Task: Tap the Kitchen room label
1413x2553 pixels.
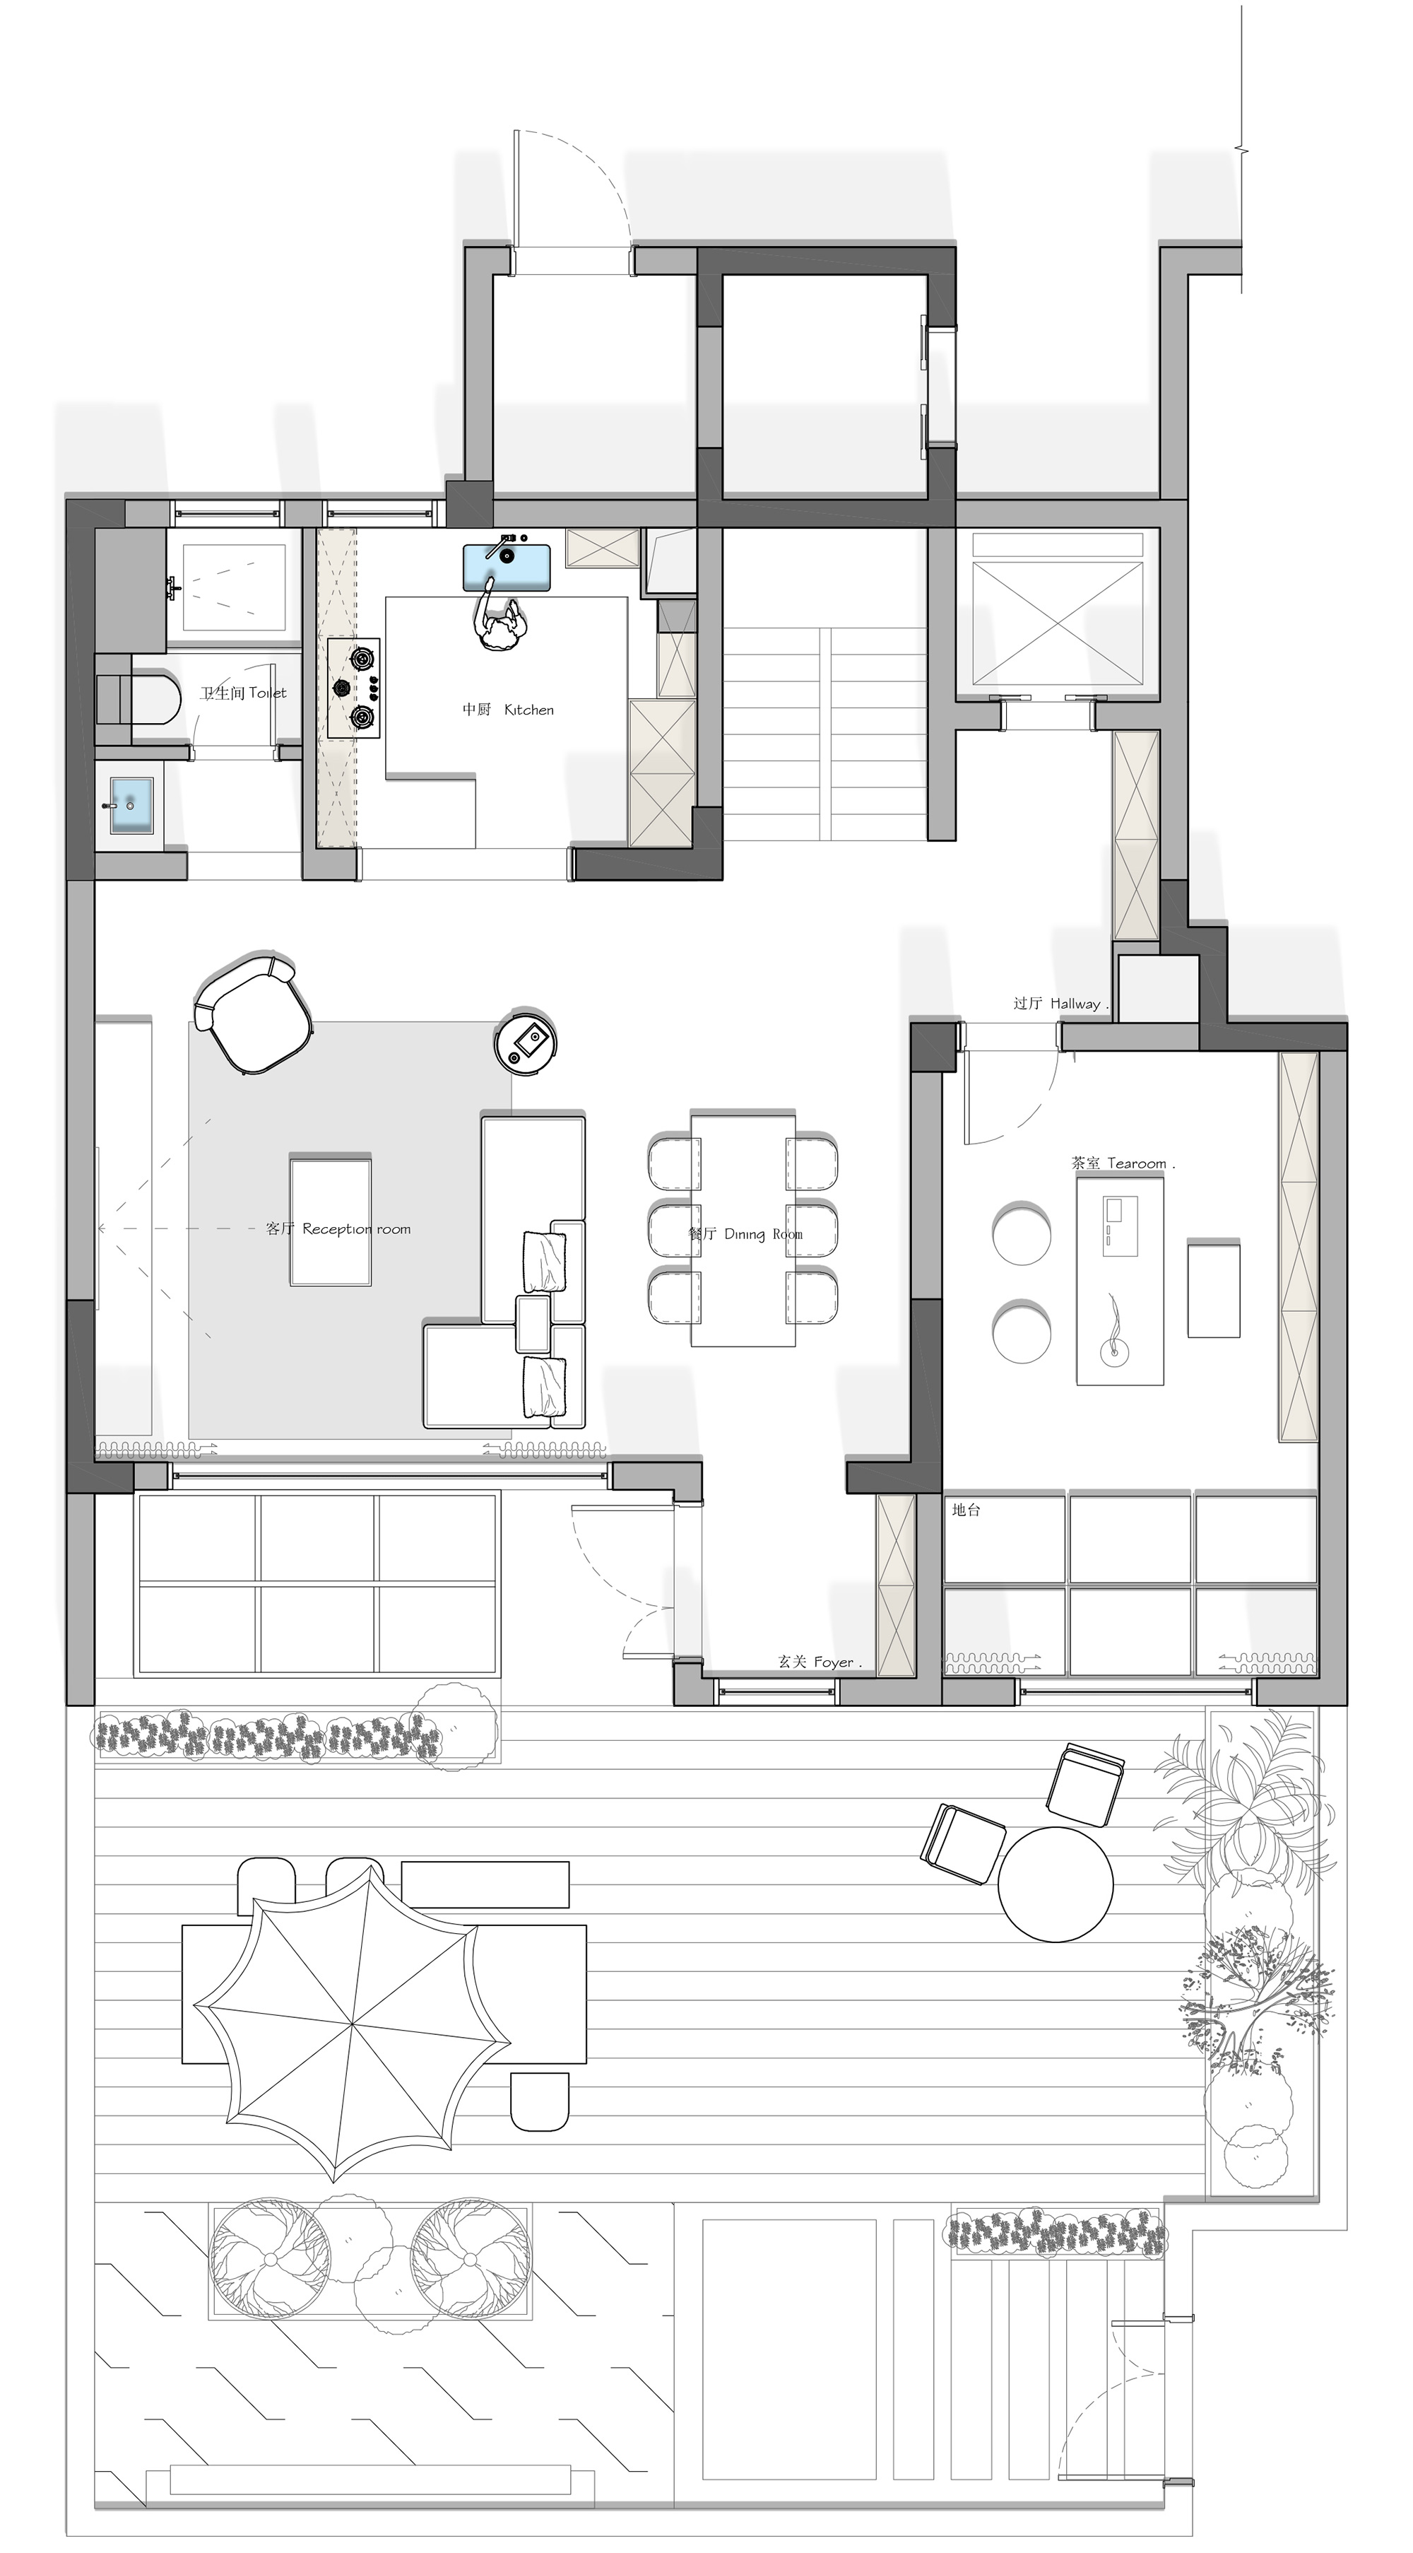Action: pyautogui.click(x=508, y=710)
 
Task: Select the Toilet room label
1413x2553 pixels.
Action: pyautogui.click(x=244, y=693)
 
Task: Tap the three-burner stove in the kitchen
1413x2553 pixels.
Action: pyautogui.click(x=355, y=688)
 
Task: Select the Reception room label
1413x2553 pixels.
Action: pyautogui.click(x=338, y=1229)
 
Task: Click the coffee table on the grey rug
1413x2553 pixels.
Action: pyautogui.click(x=330, y=1220)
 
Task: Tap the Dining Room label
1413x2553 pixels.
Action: pyautogui.click(x=745, y=1234)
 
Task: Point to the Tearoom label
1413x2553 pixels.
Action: pyautogui.click(x=1123, y=1163)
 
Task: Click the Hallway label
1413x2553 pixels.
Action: pyautogui.click(x=1059, y=1003)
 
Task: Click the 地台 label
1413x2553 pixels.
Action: pyautogui.click(x=966, y=1510)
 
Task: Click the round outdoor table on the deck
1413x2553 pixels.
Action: pyautogui.click(x=1056, y=1883)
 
